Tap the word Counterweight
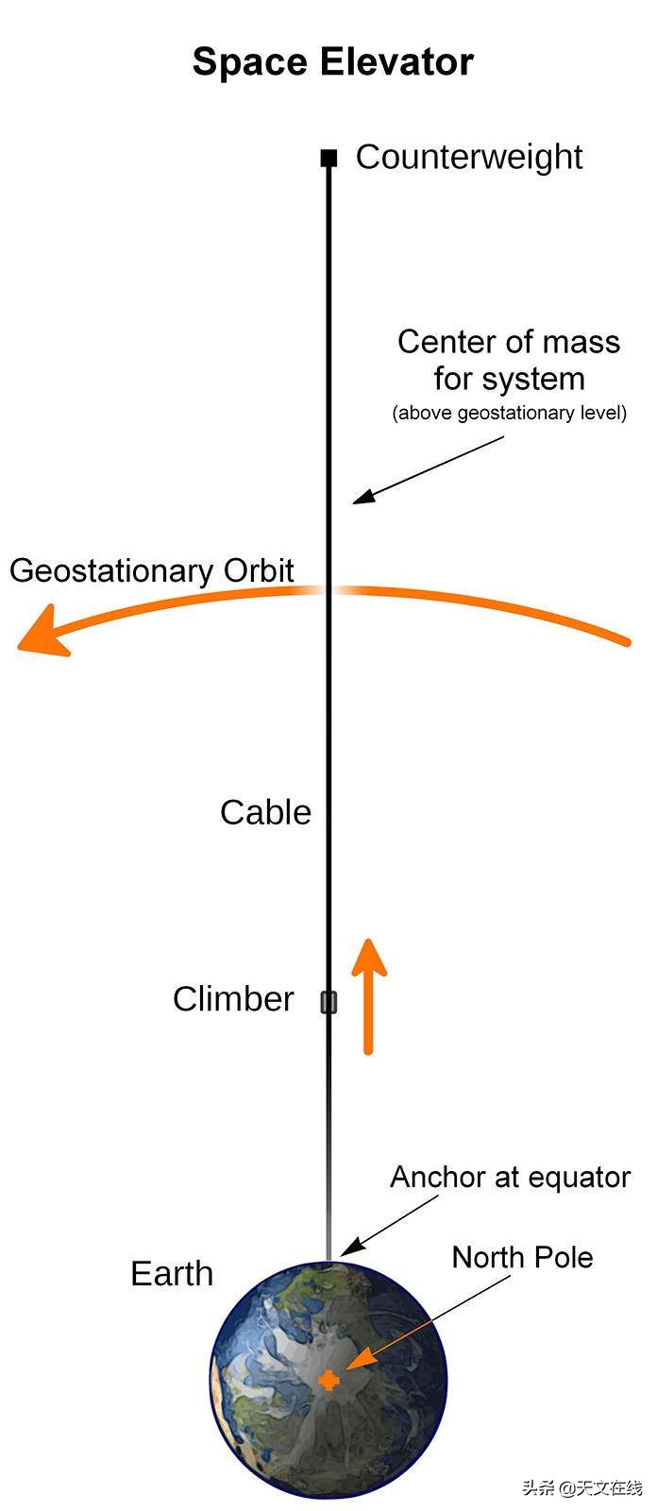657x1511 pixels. pyautogui.click(x=468, y=157)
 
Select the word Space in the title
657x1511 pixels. pyautogui.click(x=251, y=62)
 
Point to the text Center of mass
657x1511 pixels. pyautogui.click(x=508, y=342)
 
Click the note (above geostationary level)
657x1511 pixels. pyautogui.click(x=509, y=413)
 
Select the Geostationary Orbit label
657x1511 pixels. pyautogui.click(x=151, y=570)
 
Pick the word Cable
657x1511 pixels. pyautogui.click(x=265, y=812)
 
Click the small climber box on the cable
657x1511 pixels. pyautogui.click(x=328, y=1002)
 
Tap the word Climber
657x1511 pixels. pyautogui.click(x=233, y=999)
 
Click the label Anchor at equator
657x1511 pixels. pyautogui.click(x=510, y=1178)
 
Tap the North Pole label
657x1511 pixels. pyautogui.click(x=522, y=1258)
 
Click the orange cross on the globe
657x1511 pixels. pyautogui.click(x=328, y=1380)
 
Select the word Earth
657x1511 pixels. pyautogui.click(x=172, y=1274)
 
